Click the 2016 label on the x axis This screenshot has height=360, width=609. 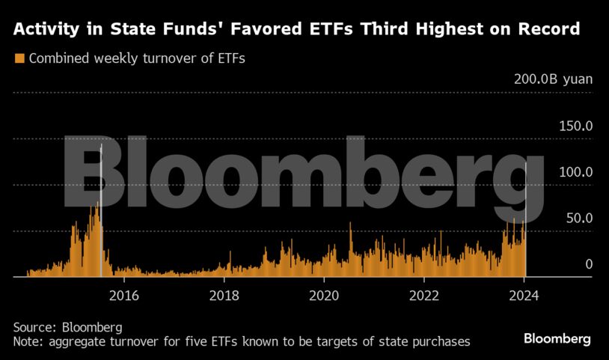coord(123,294)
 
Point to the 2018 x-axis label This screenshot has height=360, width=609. coord(224,294)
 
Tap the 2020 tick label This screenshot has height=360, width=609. coord(323,294)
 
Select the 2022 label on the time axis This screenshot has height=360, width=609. coord(423,294)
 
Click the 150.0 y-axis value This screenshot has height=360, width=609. coord(576,126)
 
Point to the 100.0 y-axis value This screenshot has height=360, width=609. coord(576,172)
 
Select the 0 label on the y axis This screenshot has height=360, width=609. coord(589,264)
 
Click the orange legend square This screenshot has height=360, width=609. coord(19,58)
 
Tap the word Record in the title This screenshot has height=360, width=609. coord(548,30)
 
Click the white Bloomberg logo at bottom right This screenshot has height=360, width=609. coord(557,339)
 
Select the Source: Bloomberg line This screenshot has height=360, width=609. coord(67,328)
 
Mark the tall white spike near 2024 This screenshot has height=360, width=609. coord(526,217)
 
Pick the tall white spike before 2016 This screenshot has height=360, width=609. coord(101,210)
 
